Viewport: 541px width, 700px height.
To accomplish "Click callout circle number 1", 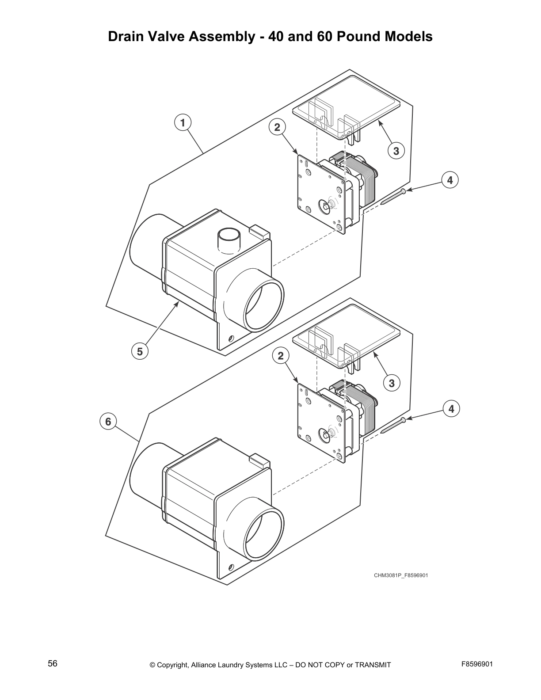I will [x=183, y=122].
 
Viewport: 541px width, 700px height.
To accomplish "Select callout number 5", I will [x=140, y=351].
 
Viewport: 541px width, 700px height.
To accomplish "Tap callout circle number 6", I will [x=108, y=422].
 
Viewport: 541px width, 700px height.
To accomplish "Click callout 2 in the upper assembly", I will [x=277, y=128].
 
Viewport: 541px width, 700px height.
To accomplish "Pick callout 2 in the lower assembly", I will [x=281, y=355].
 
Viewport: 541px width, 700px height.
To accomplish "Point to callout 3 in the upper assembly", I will [x=396, y=151].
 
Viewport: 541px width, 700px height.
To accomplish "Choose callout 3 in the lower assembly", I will [x=392, y=383].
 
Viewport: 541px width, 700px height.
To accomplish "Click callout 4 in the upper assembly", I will [x=450, y=180].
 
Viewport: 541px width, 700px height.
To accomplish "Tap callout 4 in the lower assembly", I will [x=451, y=409].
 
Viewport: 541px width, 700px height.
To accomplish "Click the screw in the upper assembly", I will [x=392, y=197].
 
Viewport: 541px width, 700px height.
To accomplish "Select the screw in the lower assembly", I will [x=392, y=426].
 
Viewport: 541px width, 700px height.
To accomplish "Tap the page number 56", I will [x=53, y=663].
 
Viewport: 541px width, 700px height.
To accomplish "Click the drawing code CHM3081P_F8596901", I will [x=401, y=575].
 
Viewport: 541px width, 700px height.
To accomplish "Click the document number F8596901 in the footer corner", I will [x=477, y=664].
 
